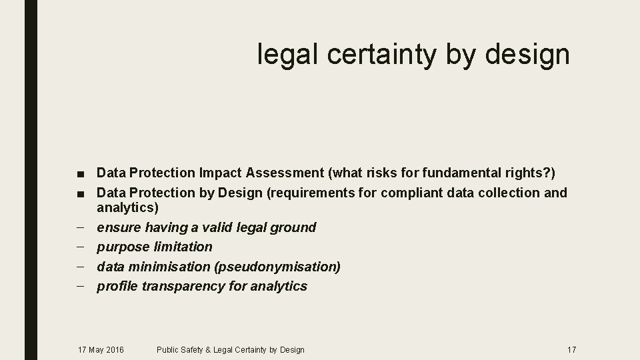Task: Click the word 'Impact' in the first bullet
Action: [x=220, y=173]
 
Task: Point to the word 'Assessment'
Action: [x=284, y=173]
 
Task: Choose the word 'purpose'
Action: [x=123, y=247]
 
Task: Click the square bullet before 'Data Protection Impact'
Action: [x=81, y=174]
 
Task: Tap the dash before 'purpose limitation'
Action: [x=81, y=247]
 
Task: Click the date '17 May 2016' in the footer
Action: [x=101, y=349]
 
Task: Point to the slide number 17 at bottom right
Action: [x=571, y=349]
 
